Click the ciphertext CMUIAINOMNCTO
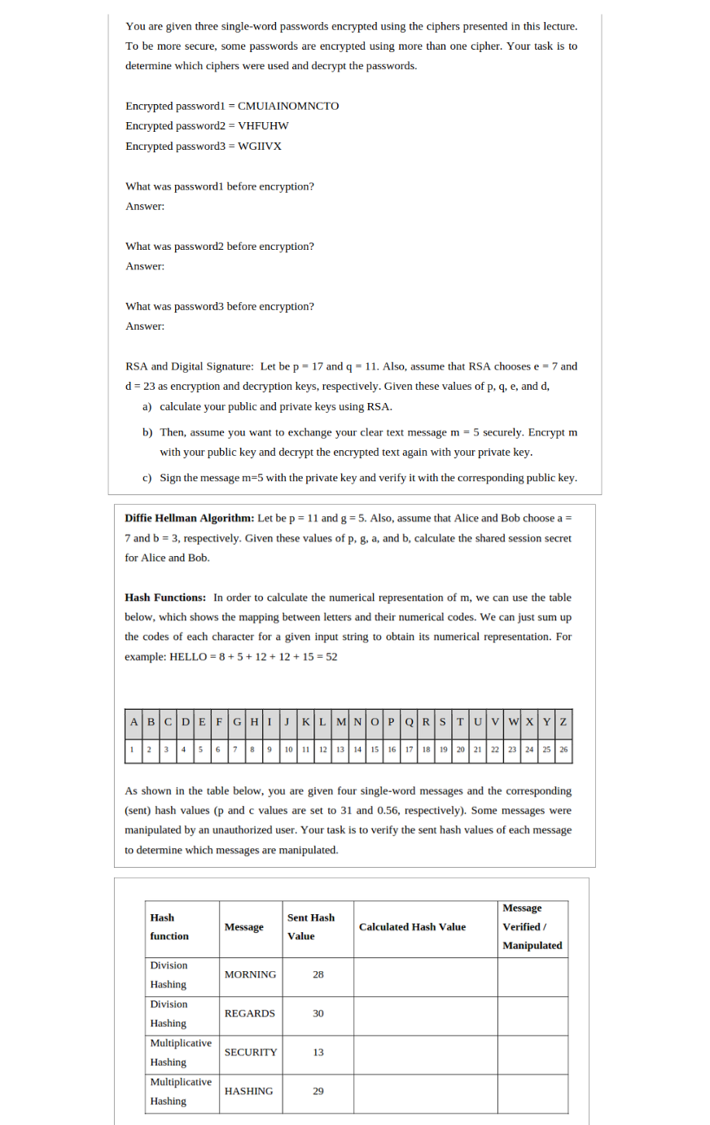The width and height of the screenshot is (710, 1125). (288, 106)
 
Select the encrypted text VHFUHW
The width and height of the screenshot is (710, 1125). (263, 125)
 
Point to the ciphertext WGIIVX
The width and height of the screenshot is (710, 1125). (260, 146)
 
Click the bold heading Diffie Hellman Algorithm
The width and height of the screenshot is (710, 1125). (189, 518)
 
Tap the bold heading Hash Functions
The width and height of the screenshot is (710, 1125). (165, 598)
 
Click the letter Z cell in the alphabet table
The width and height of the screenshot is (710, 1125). (563, 722)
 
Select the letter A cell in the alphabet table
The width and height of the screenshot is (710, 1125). (134, 722)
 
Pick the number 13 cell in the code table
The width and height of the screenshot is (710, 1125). (340, 749)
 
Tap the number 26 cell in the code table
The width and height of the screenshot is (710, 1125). (563, 749)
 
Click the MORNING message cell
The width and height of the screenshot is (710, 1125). (250, 974)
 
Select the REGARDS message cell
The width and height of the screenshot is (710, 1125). (250, 1013)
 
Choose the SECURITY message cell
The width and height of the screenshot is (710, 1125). (251, 1053)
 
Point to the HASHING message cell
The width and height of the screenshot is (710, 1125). (249, 1091)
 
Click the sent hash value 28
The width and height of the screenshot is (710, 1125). (318, 974)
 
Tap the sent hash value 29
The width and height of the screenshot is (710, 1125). (318, 1091)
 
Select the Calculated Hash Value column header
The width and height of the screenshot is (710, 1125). (412, 926)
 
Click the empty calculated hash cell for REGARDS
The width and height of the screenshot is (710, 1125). (425, 1016)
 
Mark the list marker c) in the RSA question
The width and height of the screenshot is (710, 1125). (147, 478)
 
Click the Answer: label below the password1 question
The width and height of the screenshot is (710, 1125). (145, 206)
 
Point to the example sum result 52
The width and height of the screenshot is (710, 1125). (331, 657)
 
